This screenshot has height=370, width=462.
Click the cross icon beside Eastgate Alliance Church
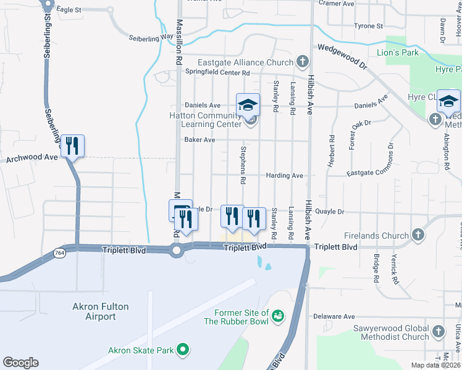(302, 62)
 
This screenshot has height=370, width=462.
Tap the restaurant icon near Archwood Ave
(72, 146)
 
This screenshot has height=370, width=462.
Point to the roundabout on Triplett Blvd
(176, 250)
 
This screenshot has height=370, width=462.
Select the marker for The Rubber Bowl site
(279, 316)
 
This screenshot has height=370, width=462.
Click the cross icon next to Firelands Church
(418, 235)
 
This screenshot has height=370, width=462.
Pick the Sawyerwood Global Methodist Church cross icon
(437, 331)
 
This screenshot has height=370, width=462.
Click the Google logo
(20, 363)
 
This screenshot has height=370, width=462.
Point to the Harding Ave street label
(284, 176)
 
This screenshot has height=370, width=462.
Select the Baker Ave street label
(199, 140)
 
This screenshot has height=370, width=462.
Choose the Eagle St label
(69, 10)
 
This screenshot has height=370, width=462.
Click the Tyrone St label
(369, 26)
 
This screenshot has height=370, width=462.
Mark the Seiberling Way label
(151, 38)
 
